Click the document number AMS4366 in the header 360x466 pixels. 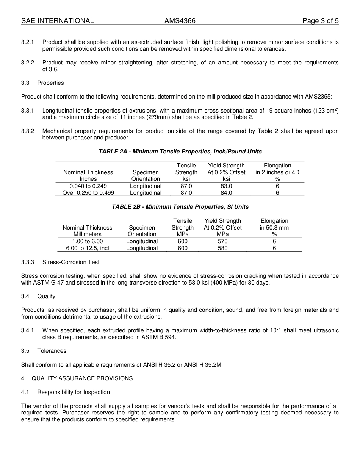pyautogui.click(x=180, y=21)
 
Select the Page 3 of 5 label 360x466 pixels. pyautogui.click(x=320, y=21)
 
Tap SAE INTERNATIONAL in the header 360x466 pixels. pyautogui.click(x=57, y=21)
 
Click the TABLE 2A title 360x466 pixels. pyautogui.click(x=180, y=152)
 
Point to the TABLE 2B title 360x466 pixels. pyautogui.click(x=180, y=207)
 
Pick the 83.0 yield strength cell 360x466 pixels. pyautogui.click(x=226, y=186)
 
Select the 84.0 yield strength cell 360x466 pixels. pyautogui.click(x=226, y=193)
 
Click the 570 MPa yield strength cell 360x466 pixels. pyautogui.click(x=222, y=241)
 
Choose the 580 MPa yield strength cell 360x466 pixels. pyautogui.click(x=222, y=248)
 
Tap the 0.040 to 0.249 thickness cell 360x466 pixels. pyautogui.click(x=88, y=186)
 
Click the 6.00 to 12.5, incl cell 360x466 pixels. pyautogui.click(x=87, y=248)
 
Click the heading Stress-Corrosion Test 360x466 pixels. pyautogui.click(x=71, y=262)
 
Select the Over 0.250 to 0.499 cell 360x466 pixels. pyautogui.click(x=88, y=193)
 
